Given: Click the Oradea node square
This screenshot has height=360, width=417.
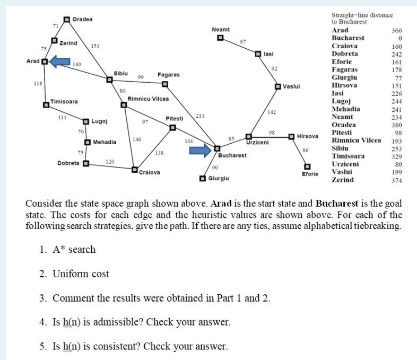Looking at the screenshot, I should tap(67, 20).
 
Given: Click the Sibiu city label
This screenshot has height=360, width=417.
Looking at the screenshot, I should tap(120, 73).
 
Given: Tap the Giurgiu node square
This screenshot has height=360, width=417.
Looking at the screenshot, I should tap(202, 179).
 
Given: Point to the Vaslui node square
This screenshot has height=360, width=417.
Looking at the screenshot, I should tap(278, 86).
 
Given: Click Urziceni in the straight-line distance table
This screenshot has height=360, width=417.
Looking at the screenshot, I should tap(345, 164).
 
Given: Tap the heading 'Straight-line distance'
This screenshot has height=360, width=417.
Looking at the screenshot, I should tap(362, 15).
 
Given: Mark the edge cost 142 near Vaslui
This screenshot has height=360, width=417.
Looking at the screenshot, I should tap(272, 112).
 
